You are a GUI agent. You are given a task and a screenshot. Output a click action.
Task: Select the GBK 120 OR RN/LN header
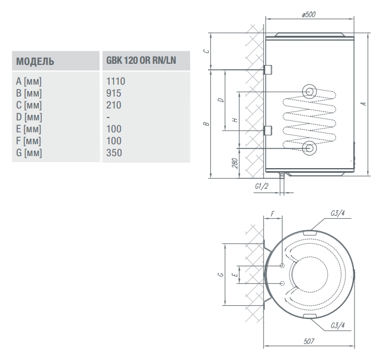coord(141,60)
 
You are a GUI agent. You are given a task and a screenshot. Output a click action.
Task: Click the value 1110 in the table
coord(116,81)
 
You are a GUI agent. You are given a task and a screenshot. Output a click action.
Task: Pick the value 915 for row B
coord(114,93)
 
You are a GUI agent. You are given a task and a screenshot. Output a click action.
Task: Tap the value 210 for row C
coord(114,105)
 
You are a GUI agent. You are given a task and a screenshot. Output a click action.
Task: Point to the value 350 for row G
coord(114,153)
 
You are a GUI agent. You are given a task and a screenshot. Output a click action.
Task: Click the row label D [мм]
coord(29,117)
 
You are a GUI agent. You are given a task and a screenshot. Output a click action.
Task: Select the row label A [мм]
coord(29,82)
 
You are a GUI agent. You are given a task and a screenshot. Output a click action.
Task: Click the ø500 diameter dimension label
coord(309,15)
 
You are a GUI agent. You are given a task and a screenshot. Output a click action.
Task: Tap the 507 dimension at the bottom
coord(309,342)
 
